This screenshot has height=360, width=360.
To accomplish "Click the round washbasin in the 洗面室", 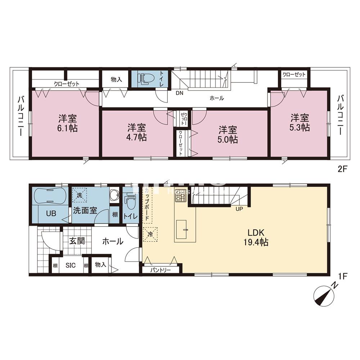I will coord(114,195).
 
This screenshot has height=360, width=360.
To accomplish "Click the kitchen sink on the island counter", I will coord(185,228).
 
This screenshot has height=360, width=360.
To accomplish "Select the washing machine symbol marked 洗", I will coord(79,196).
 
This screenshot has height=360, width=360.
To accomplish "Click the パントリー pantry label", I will coord(160,270).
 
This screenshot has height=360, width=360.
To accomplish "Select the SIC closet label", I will coord(70,265).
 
